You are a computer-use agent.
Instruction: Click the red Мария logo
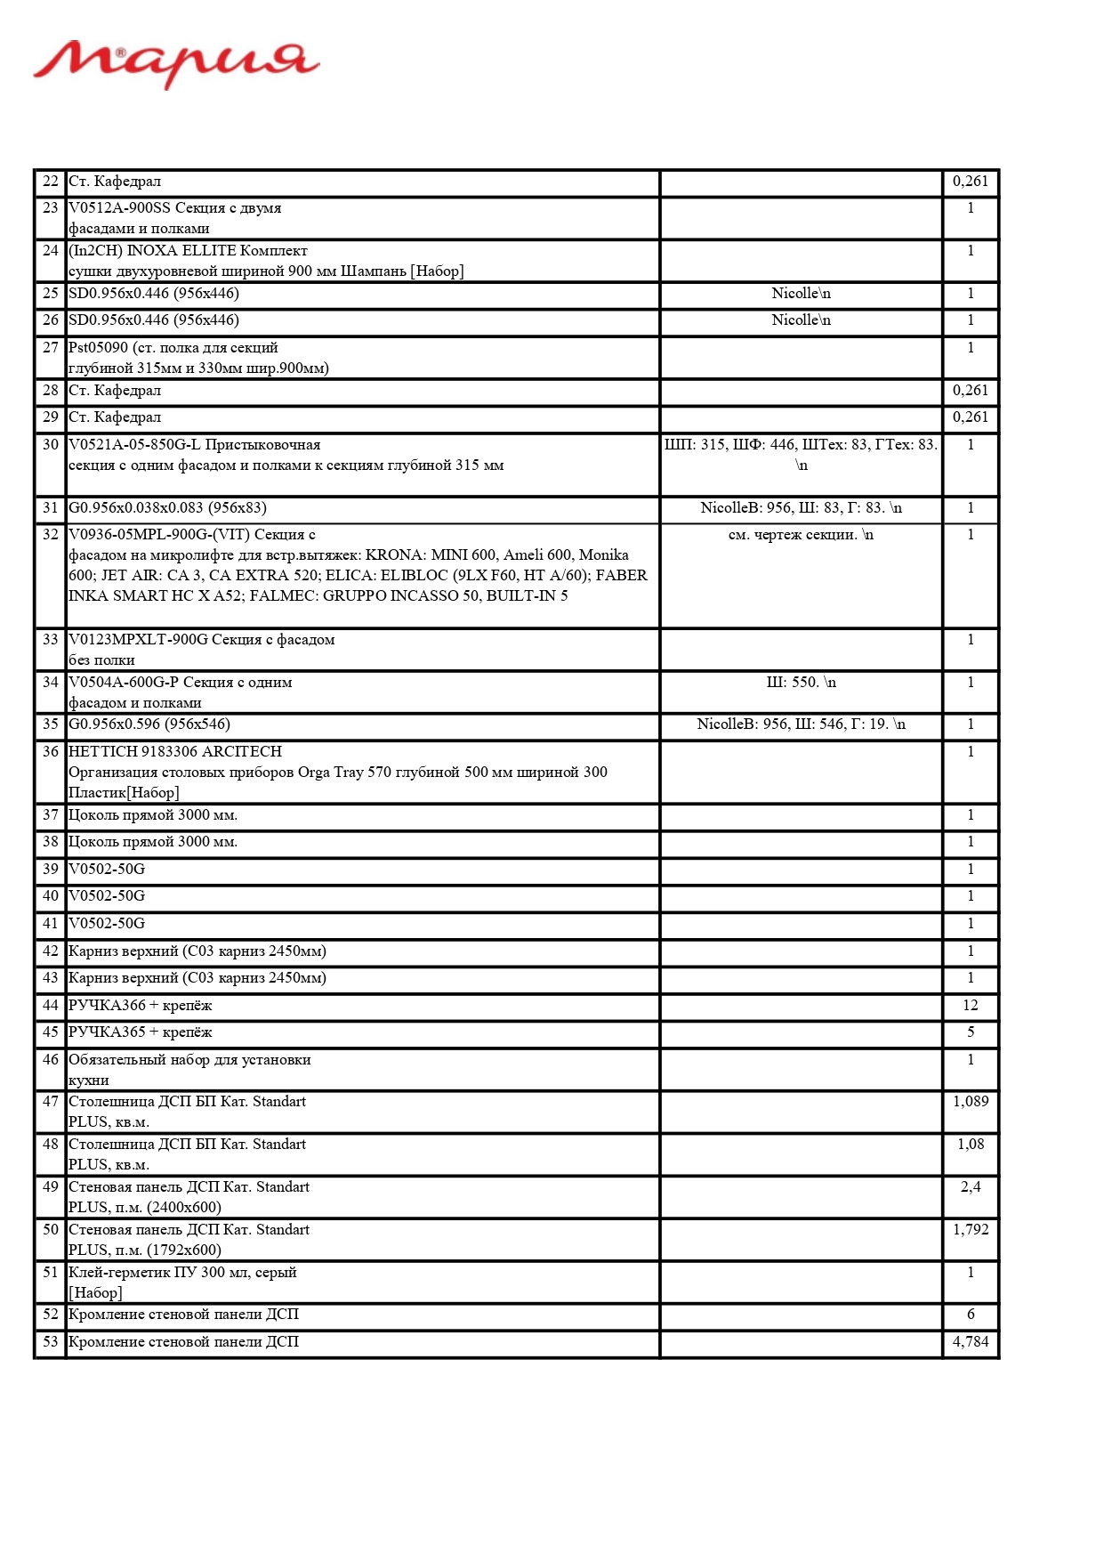176,64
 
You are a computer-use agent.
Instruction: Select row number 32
51,535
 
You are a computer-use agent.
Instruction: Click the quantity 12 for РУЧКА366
970,1006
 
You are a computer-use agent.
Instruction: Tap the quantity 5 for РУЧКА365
970,1032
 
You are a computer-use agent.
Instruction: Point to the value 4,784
970,1342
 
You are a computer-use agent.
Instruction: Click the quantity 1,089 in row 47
970,1102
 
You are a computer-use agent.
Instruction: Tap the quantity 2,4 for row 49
970,1187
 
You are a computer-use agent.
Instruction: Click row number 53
51,1342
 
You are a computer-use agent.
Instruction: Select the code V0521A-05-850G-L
134,445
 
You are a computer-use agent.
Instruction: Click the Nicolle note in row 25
801,294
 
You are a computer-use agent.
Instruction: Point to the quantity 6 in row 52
970,1315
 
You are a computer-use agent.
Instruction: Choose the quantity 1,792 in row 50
970,1230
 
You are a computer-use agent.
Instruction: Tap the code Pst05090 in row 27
98,348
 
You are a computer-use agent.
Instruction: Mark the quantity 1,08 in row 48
970,1145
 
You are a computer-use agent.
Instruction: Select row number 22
51,182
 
